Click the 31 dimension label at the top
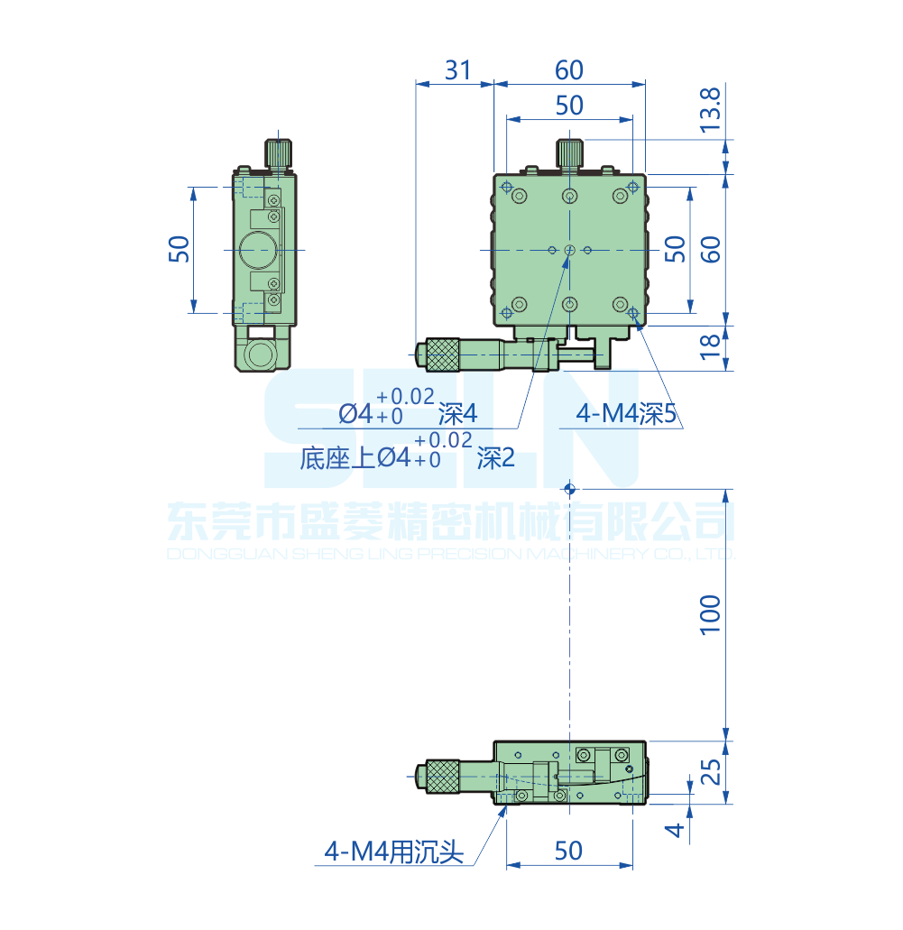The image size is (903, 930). [458, 70]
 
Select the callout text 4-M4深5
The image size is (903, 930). [626, 414]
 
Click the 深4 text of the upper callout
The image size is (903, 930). [457, 414]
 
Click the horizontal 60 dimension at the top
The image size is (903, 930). [569, 70]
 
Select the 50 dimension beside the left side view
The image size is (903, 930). [180, 249]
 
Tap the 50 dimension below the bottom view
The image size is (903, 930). [569, 851]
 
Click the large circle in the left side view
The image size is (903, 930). [259, 250]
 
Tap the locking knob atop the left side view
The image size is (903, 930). [279, 153]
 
